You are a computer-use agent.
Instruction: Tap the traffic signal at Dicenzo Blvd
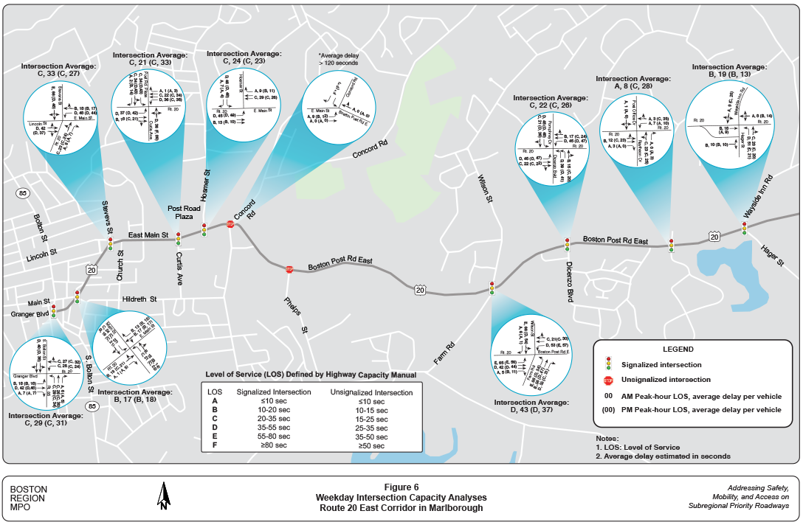tap(567, 245)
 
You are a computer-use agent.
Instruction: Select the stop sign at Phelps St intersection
tap(289, 270)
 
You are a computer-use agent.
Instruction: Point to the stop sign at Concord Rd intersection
tap(230, 224)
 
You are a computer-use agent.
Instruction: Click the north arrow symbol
tap(163, 496)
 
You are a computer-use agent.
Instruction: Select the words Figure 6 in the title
tap(401, 487)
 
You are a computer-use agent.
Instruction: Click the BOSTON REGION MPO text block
tap(29, 498)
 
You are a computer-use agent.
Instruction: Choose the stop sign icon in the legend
tap(608, 381)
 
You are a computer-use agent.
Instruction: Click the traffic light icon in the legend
tap(608, 364)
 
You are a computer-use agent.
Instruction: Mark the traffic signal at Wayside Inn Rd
tap(744, 229)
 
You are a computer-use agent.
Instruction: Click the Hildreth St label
tap(140, 299)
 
